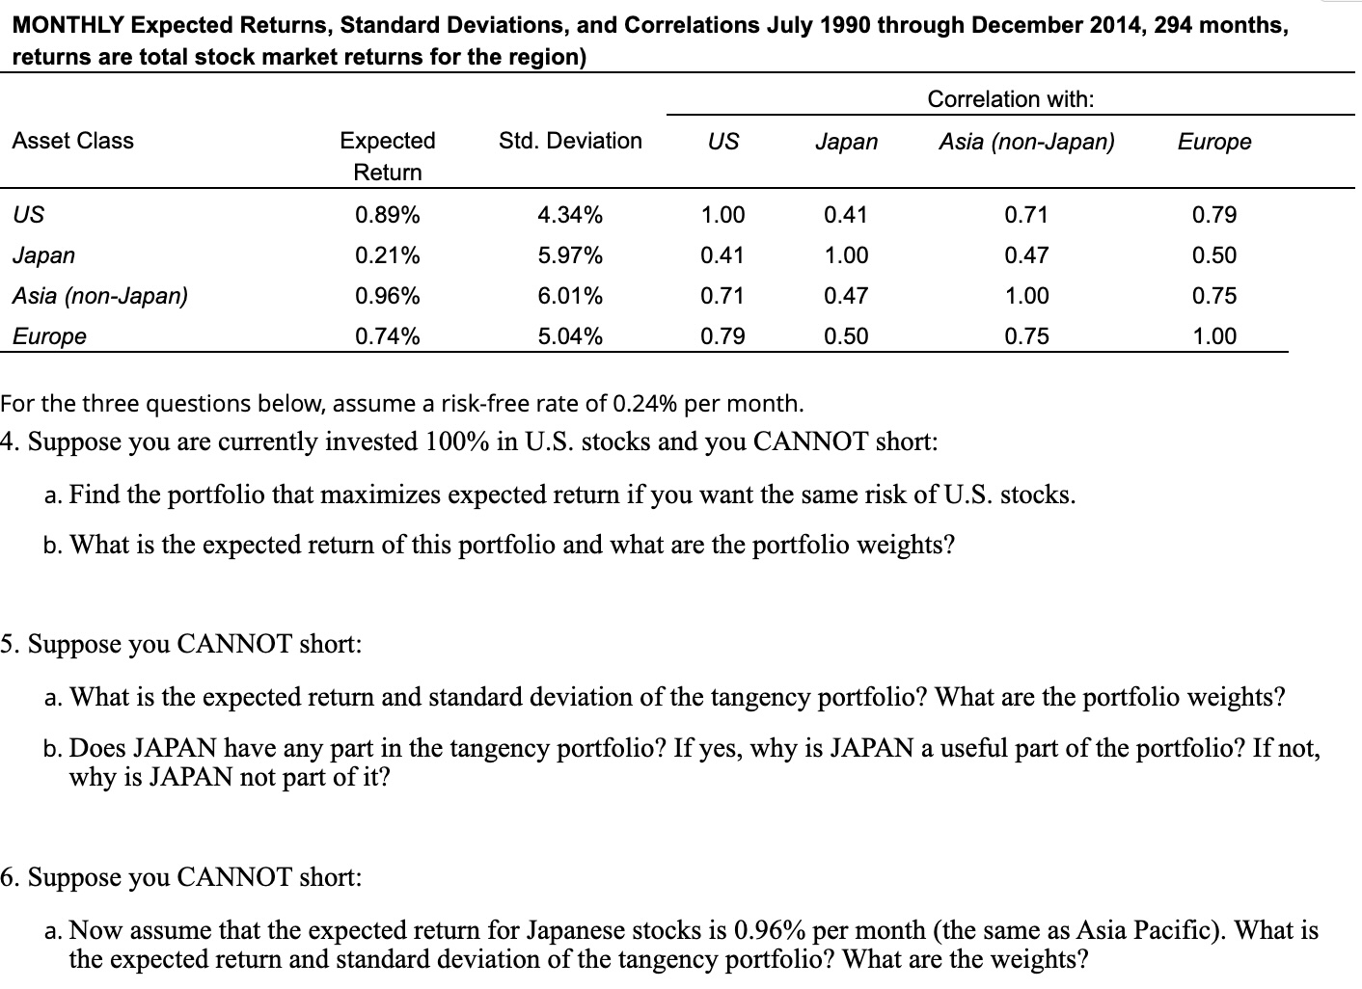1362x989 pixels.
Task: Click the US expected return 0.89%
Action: point(387,214)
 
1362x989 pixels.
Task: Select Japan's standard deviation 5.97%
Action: point(569,255)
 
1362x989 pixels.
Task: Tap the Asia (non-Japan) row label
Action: point(100,296)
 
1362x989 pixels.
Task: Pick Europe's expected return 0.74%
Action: point(387,336)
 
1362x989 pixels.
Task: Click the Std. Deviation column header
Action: point(569,141)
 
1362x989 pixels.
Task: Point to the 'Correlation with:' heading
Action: point(1010,99)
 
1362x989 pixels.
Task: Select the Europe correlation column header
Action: point(1213,142)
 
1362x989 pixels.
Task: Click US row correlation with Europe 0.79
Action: point(1213,214)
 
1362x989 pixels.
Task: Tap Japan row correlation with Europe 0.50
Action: point(1213,255)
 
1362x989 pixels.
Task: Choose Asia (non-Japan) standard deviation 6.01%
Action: point(569,296)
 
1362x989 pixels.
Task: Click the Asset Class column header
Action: point(72,141)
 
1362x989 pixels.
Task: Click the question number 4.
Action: point(9,442)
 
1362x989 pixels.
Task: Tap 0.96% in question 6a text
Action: point(771,930)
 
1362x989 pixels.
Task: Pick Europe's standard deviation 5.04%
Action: point(569,336)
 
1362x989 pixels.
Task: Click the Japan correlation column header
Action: point(846,142)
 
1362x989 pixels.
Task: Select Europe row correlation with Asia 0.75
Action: point(1025,336)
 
